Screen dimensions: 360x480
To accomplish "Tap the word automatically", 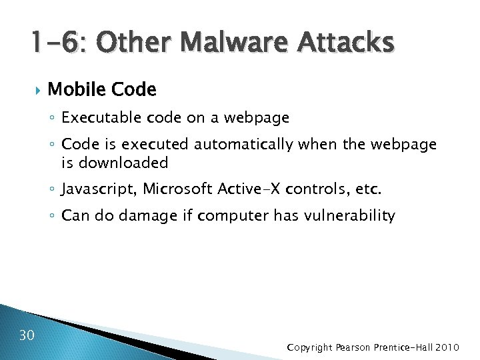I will coord(243,145).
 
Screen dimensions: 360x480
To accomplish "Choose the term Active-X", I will coord(249,189).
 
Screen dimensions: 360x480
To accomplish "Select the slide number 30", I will coord(27,334).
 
